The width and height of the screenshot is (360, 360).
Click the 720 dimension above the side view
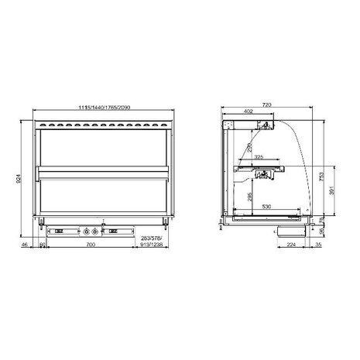point(268,102)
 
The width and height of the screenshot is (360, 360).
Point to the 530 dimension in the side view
point(266,207)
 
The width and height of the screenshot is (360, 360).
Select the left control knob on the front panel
point(86,230)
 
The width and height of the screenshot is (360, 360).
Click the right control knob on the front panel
point(97,230)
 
